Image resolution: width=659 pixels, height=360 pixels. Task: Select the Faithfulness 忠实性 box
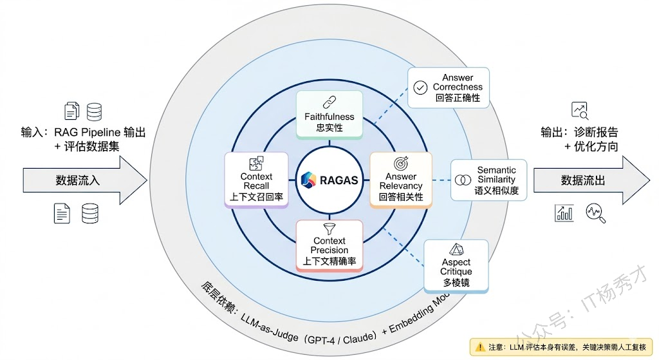[329, 115]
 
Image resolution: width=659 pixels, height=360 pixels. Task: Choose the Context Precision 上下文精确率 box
[329, 245]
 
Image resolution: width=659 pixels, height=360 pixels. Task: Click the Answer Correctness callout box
[449, 88]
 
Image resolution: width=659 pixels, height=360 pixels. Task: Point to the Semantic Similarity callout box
[488, 180]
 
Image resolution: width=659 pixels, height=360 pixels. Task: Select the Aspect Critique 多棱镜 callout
[456, 265]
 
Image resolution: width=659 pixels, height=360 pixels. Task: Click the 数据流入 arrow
[84, 180]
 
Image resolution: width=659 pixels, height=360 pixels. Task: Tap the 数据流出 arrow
[589, 180]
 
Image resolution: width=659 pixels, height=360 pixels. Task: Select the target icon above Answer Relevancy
[401, 163]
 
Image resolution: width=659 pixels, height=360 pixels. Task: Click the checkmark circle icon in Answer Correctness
[421, 88]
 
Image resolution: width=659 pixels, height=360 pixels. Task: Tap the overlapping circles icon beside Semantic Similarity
[462, 180]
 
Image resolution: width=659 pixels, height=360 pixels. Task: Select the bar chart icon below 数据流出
[564, 213]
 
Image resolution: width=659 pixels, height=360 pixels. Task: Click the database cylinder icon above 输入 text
[95, 111]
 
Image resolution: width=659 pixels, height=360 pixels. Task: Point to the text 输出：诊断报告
[579, 132]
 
